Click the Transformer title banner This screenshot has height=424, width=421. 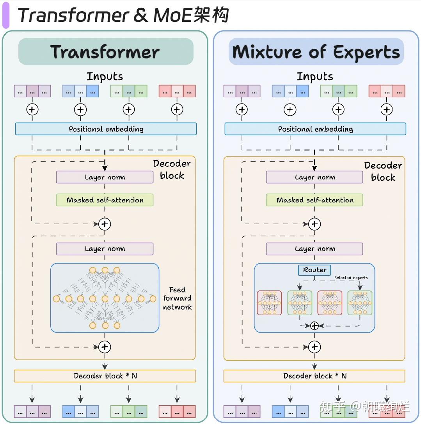tap(106, 52)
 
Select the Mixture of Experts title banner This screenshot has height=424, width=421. tap(316, 52)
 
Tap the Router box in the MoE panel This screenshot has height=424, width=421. tap(314, 270)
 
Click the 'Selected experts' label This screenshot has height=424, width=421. tap(351, 278)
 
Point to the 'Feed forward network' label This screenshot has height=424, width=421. tap(178, 298)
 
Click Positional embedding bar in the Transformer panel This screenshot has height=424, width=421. tap(106, 129)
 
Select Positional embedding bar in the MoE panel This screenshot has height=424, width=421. tap(315, 129)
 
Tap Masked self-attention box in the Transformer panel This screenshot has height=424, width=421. tap(105, 200)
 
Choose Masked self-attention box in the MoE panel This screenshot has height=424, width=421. tap(314, 200)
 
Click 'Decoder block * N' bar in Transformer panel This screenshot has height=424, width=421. tap(105, 376)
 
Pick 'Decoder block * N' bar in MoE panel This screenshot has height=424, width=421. tap(314, 376)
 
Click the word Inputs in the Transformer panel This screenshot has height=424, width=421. tap(105, 76)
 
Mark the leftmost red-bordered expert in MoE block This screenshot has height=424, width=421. tap(269, 303)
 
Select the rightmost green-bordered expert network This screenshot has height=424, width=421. tap(360, 303)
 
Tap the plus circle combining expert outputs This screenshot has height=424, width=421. tap(314, 325)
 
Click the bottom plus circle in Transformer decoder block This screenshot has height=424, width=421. tap(105, 347)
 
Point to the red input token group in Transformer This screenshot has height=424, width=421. tap(177, 91)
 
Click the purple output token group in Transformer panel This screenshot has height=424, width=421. tap(32, 412)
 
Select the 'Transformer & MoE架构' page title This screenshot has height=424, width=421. tap(123, 16)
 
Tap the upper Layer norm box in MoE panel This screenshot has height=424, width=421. tap(314, 177)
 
